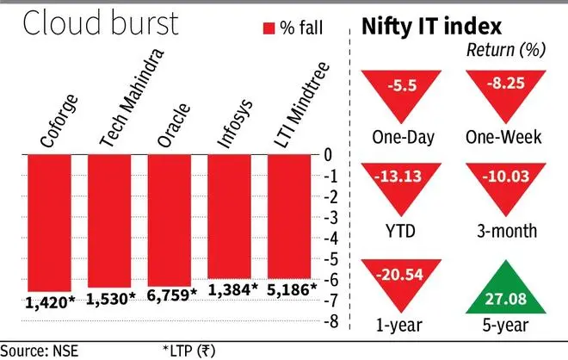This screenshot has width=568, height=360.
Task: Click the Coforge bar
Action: [x=49, y=222]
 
